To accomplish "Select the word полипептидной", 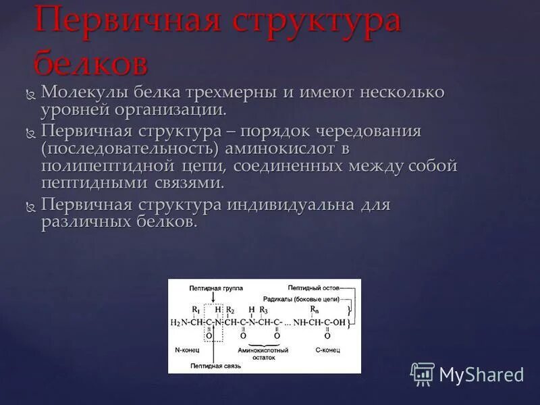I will pos(111,165).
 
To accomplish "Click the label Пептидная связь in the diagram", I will pos(215,365).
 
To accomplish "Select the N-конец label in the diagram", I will pos(186,350).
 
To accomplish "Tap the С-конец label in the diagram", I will pos(328,350).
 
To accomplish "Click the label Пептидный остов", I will pos(313,288).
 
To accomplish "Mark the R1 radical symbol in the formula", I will pos(194,310).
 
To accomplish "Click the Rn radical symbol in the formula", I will pos(314,310).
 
